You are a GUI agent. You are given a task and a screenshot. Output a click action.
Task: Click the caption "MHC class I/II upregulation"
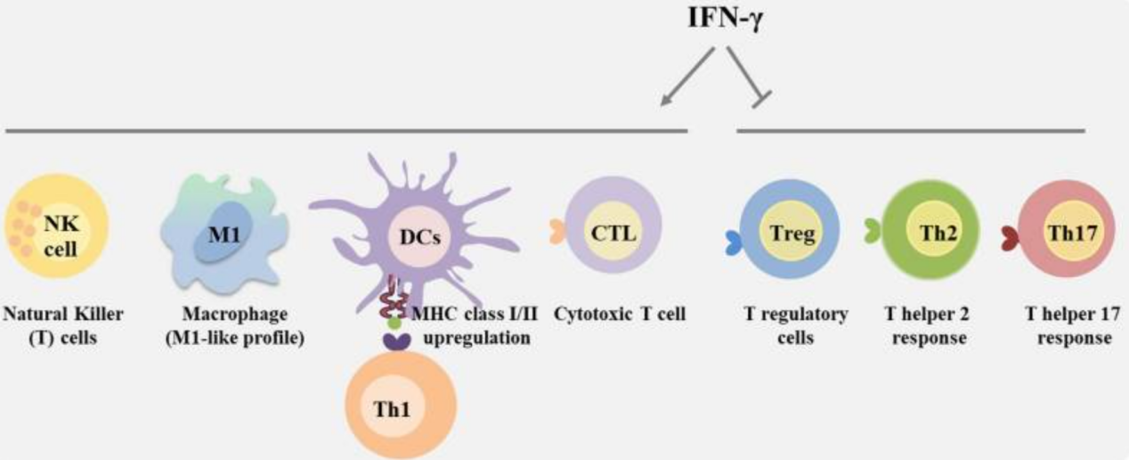point(475,325)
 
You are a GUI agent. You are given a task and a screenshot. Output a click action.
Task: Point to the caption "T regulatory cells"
point(795,325)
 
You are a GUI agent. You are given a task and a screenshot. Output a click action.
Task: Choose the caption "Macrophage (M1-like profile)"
point(234,325)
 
